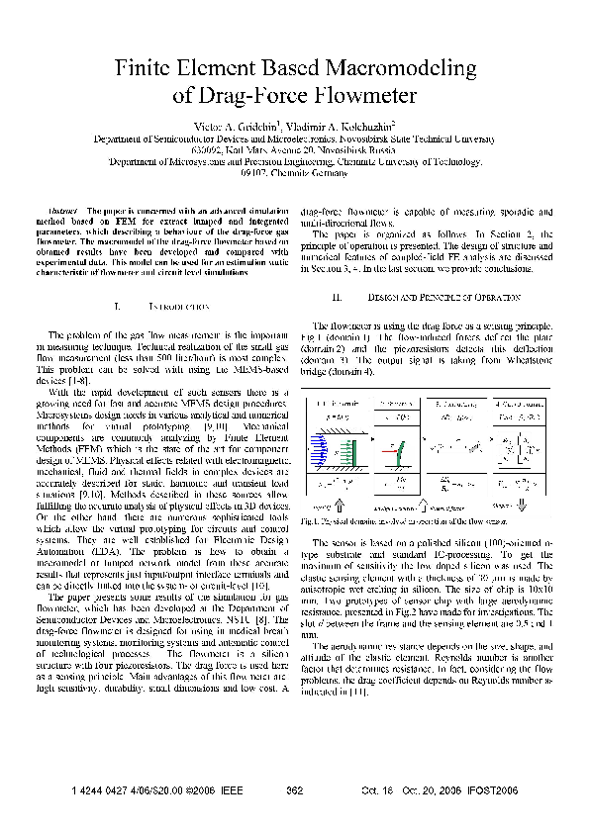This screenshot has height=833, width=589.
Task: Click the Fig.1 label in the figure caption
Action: [308, 520]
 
